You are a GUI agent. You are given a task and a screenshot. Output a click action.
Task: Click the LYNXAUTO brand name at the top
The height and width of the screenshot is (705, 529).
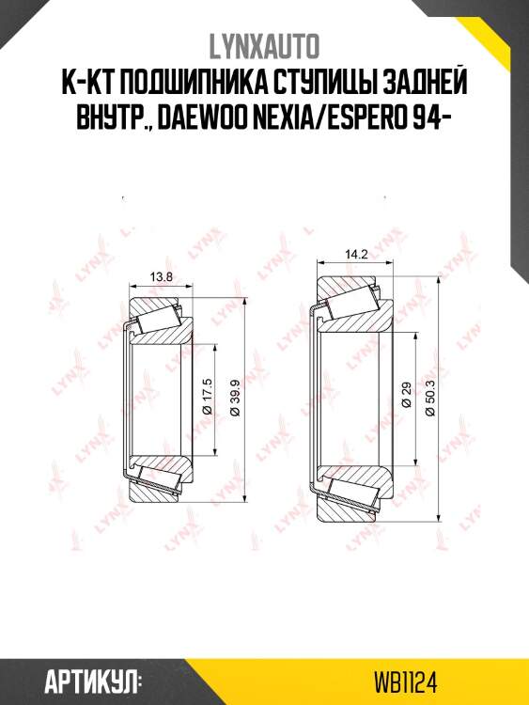[x=264, y=46]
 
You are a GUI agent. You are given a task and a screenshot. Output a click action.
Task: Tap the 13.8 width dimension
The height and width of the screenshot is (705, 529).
[x=161, y=277]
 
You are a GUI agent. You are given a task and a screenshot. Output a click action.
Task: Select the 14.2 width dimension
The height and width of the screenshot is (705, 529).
[x=356, y=255]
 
